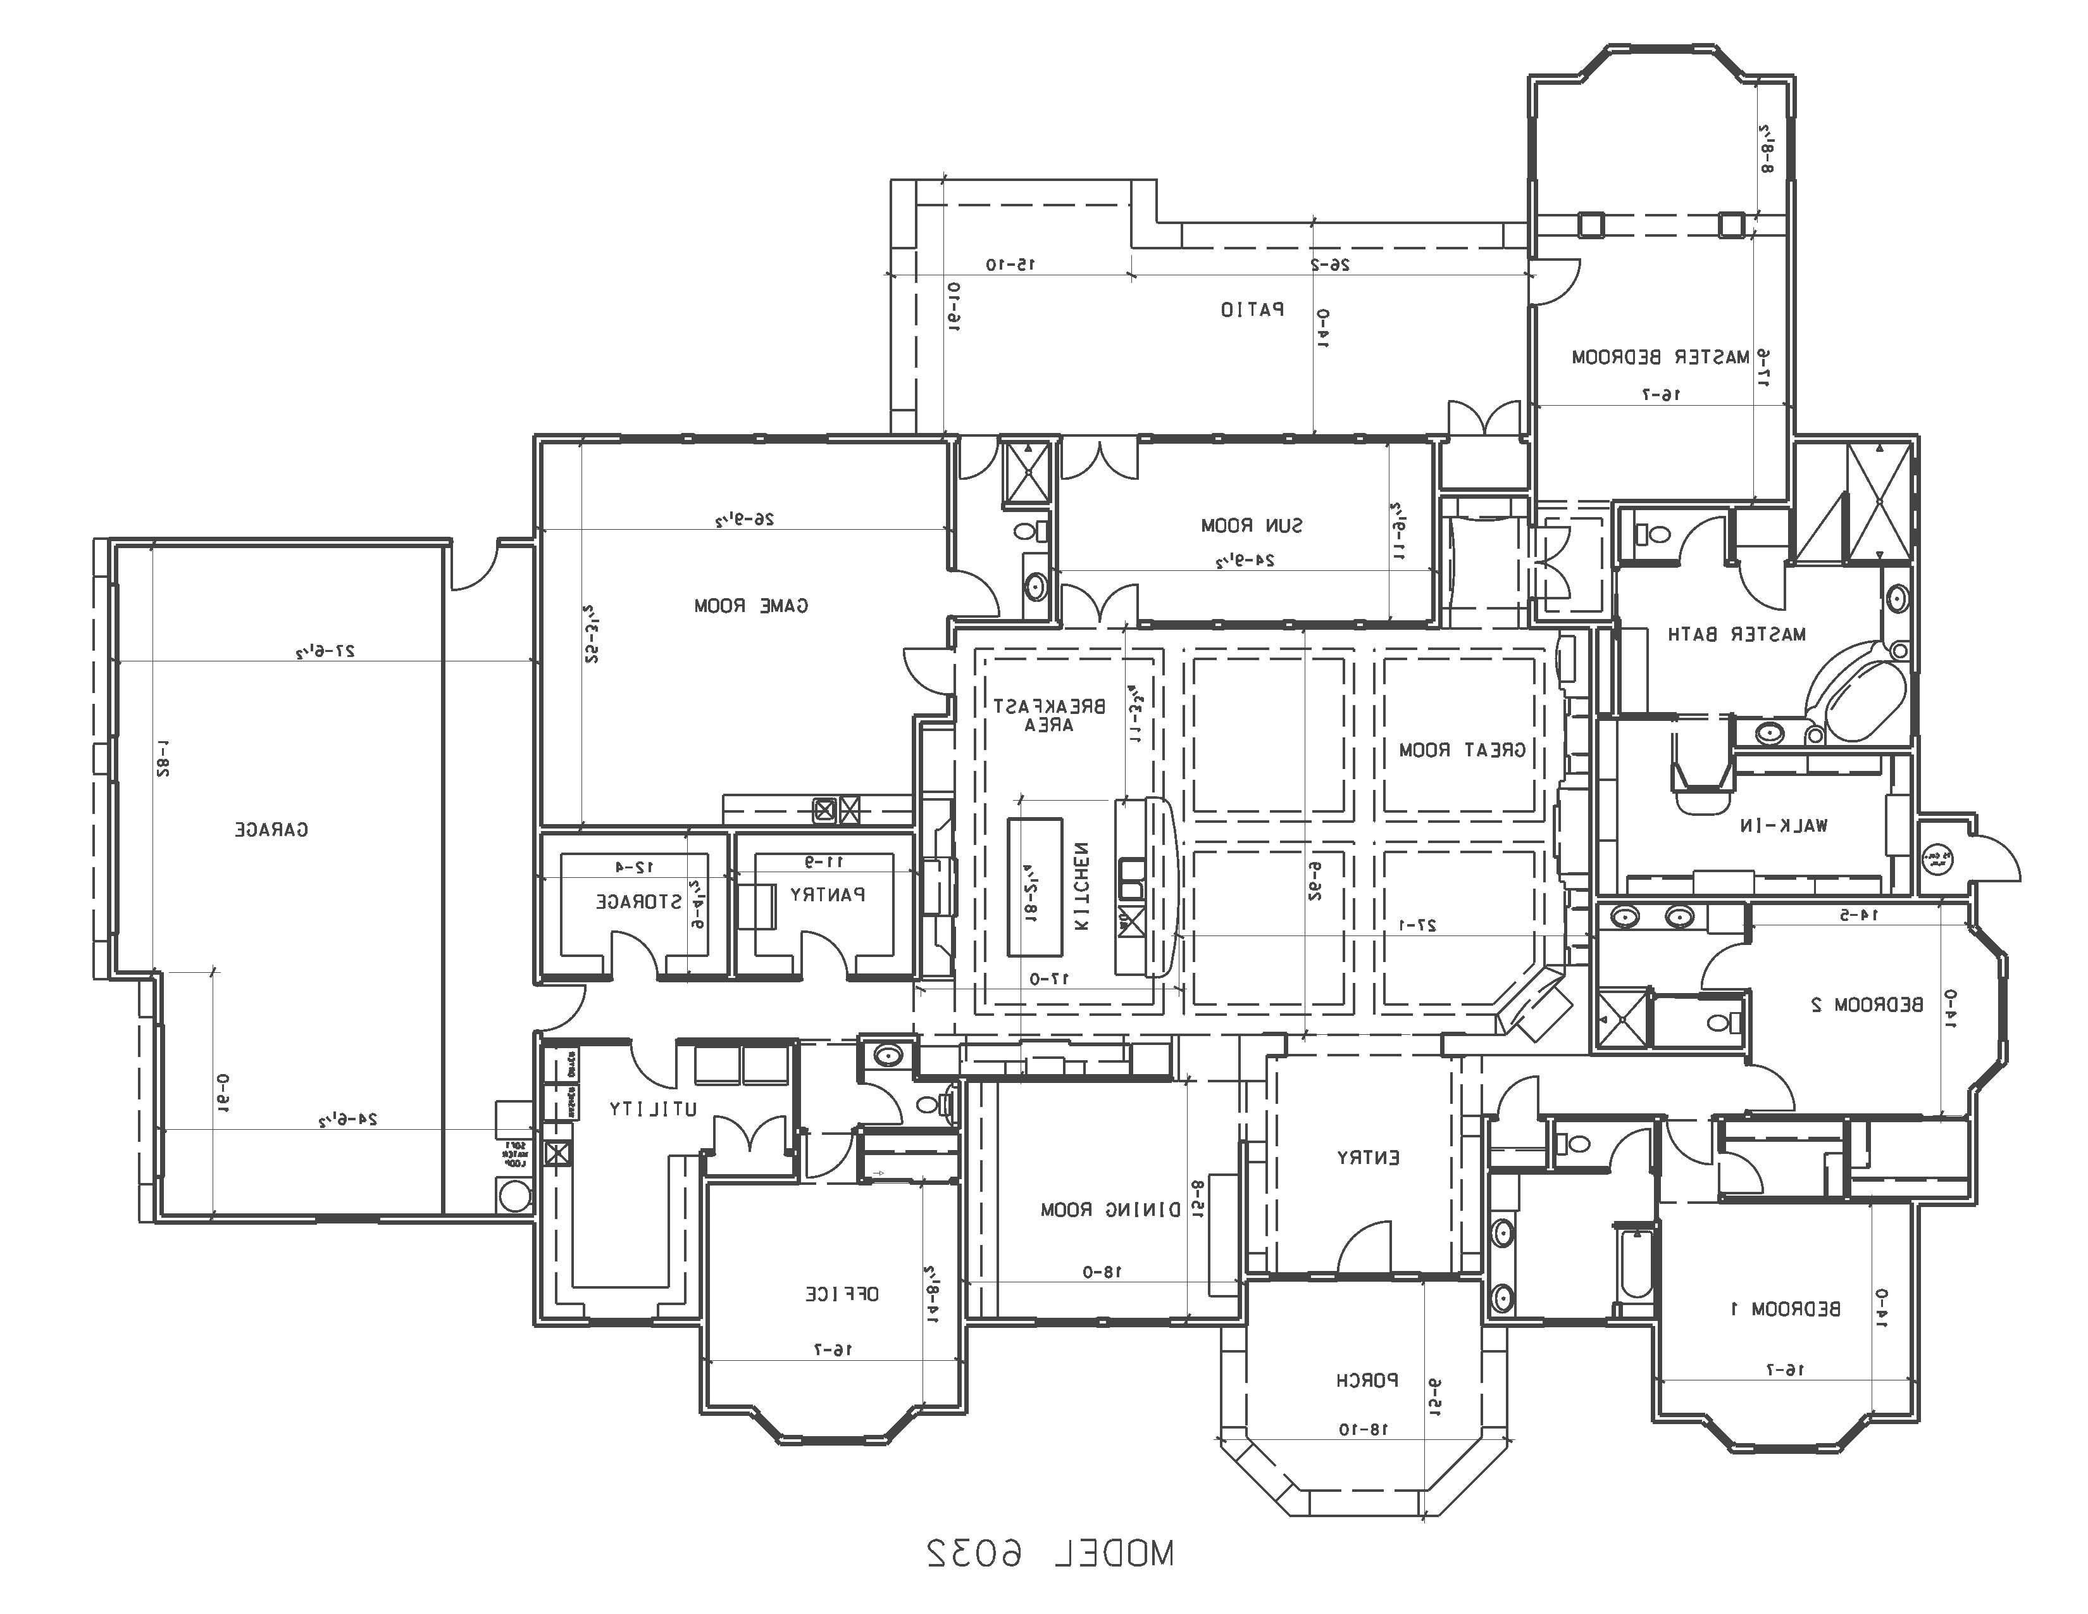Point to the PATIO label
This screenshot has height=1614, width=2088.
[x=1252, y=310]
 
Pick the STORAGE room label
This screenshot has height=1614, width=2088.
[x=638, y=902]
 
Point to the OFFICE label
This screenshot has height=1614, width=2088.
[x=842, y=1294]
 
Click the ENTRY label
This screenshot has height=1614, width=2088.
[x=1368, y=1158]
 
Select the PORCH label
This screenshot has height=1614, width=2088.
[x=1367, y=1380]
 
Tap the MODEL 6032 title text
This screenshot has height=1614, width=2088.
[x=1049, y=1554]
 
